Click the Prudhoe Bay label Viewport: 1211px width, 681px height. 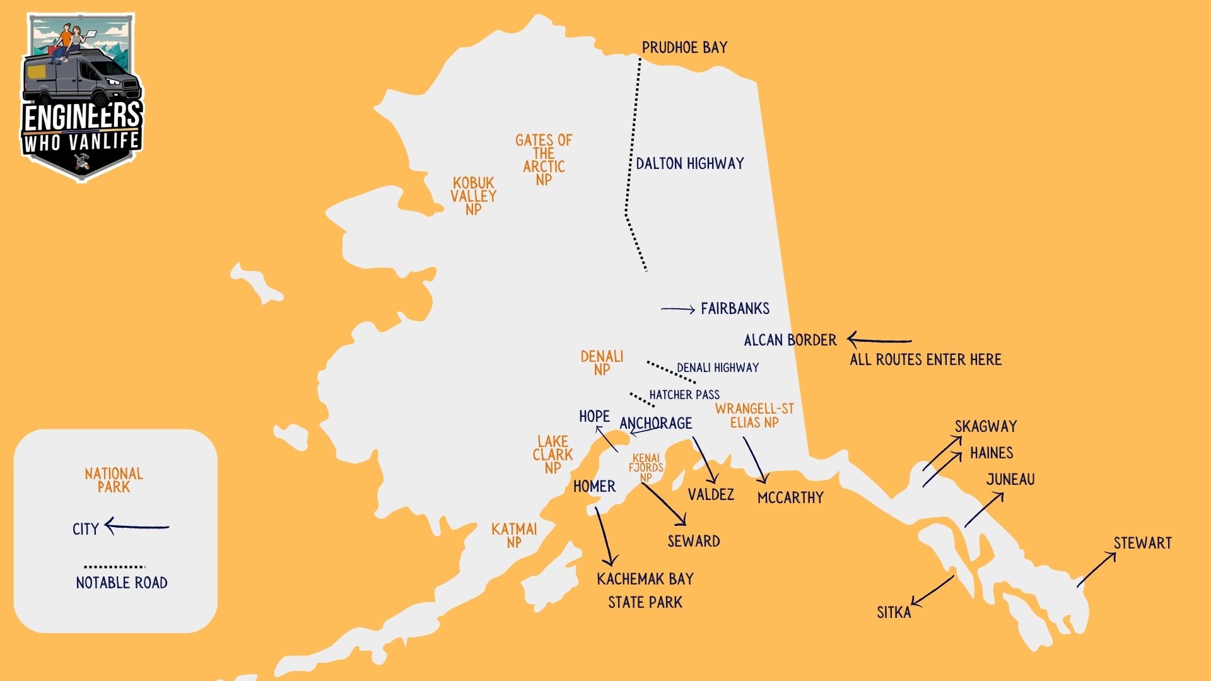684,48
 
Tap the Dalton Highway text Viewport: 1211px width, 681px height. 689,164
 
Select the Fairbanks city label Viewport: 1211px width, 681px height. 735,309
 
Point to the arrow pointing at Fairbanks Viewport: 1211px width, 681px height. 677,309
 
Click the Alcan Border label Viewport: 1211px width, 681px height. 790,340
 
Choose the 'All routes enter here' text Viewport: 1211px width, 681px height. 925,360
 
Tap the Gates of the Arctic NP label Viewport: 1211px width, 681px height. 543,160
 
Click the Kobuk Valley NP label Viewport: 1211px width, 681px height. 473,196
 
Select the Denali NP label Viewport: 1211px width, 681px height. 602,363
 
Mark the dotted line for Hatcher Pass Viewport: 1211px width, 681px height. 641,400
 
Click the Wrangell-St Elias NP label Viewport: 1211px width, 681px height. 754,416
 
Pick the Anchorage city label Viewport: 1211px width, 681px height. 656,423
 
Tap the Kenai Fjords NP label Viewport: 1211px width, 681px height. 646,468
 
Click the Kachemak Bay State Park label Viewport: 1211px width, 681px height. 645,590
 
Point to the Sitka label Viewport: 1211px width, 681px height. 894,612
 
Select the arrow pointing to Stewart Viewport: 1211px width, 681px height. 1096,570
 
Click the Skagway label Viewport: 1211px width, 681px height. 985,427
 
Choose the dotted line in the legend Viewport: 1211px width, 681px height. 114,567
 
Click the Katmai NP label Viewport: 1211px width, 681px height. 514,535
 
